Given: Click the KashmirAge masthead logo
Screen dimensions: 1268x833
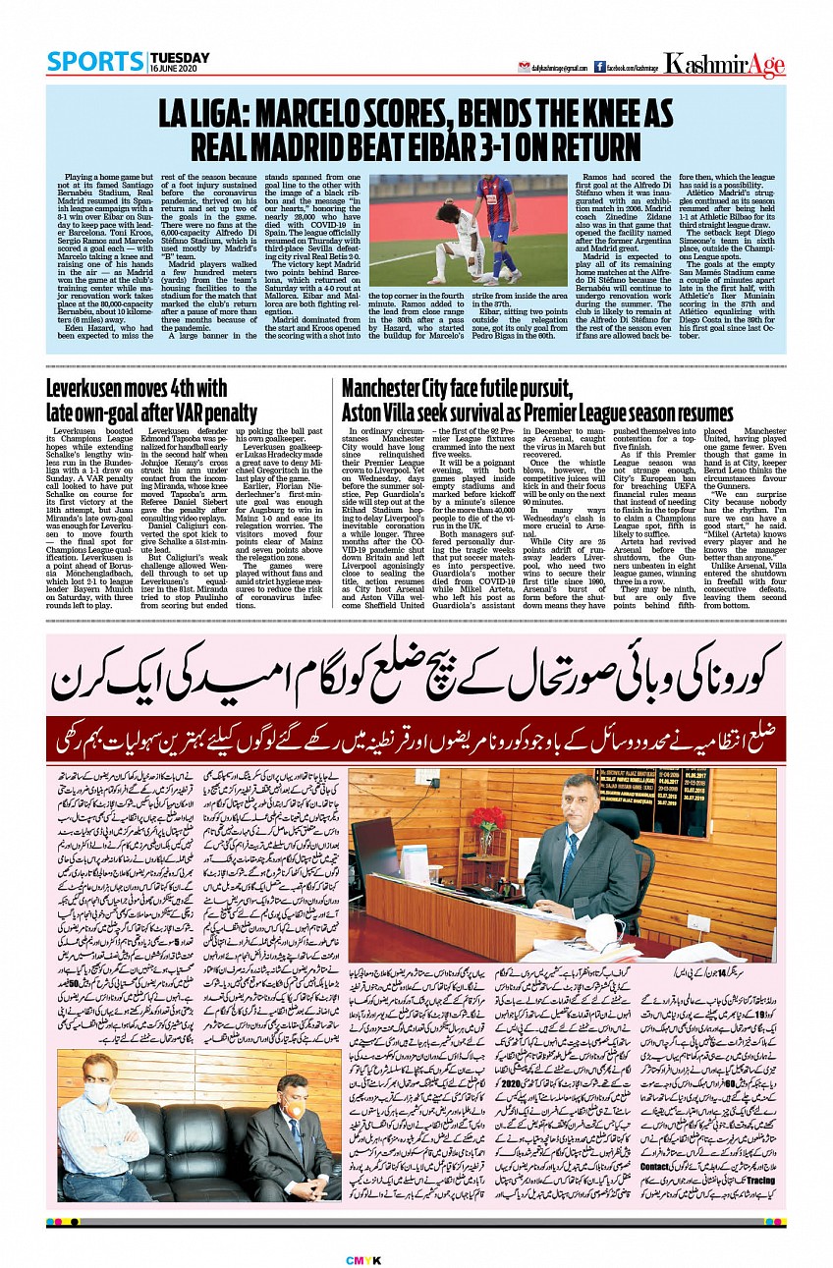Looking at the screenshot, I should (x=724, y=65).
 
